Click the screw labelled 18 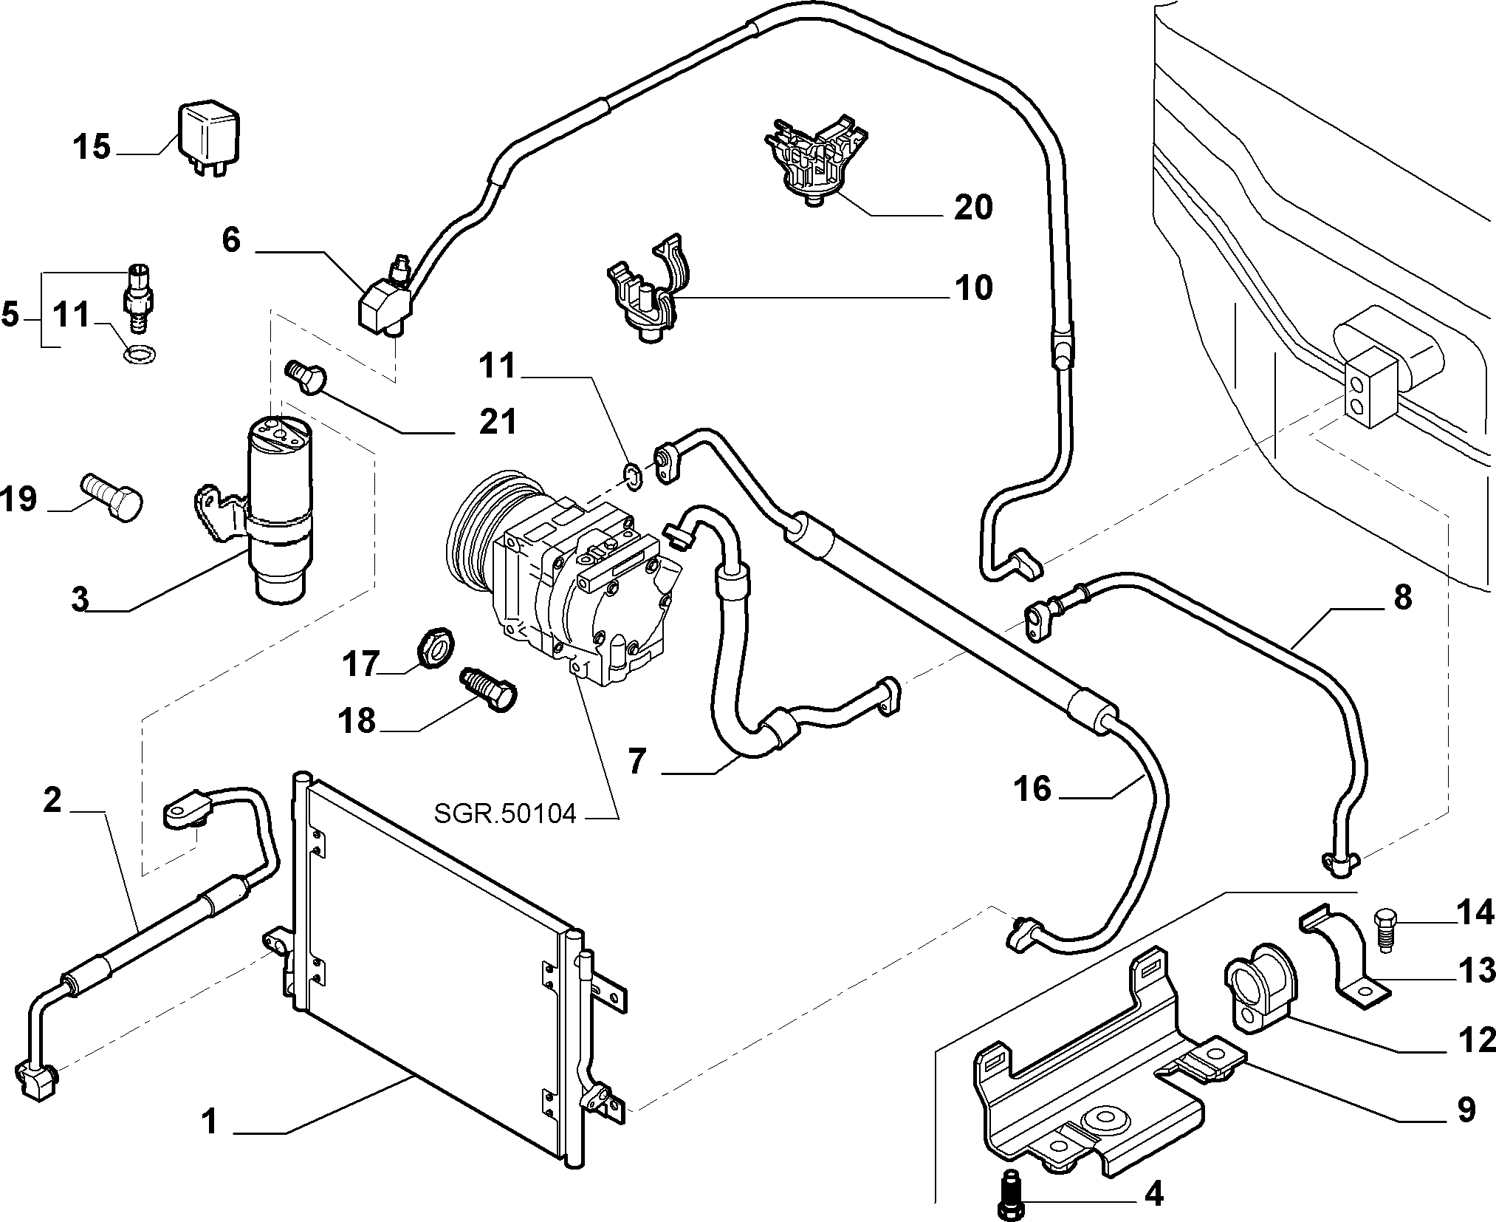[x=488, y=690]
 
